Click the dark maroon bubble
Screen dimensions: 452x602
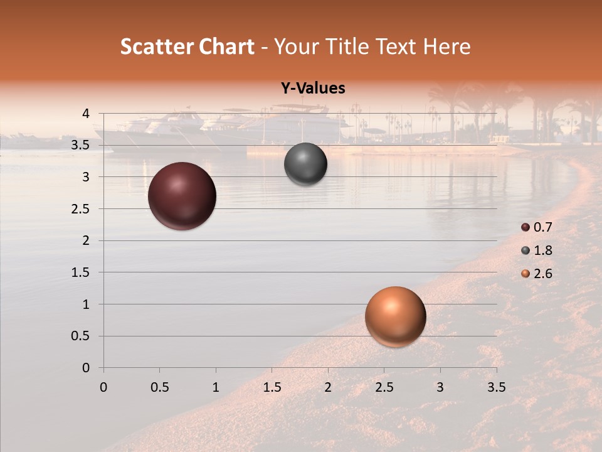182,196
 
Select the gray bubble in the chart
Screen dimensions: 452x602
305,164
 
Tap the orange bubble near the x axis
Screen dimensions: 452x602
395,316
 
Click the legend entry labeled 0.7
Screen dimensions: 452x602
537,227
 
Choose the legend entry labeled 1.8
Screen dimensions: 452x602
537,250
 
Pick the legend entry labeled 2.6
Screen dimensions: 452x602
537,274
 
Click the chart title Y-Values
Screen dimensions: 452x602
313,89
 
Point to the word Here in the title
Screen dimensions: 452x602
446,46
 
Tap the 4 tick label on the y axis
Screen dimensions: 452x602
86,114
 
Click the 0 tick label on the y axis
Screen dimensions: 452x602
86,368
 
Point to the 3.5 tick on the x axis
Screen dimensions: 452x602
496,387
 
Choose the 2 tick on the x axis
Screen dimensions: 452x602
328,387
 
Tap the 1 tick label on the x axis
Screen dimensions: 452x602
216,387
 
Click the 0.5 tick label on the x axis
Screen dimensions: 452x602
159,387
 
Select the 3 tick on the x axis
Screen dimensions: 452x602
440,387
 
